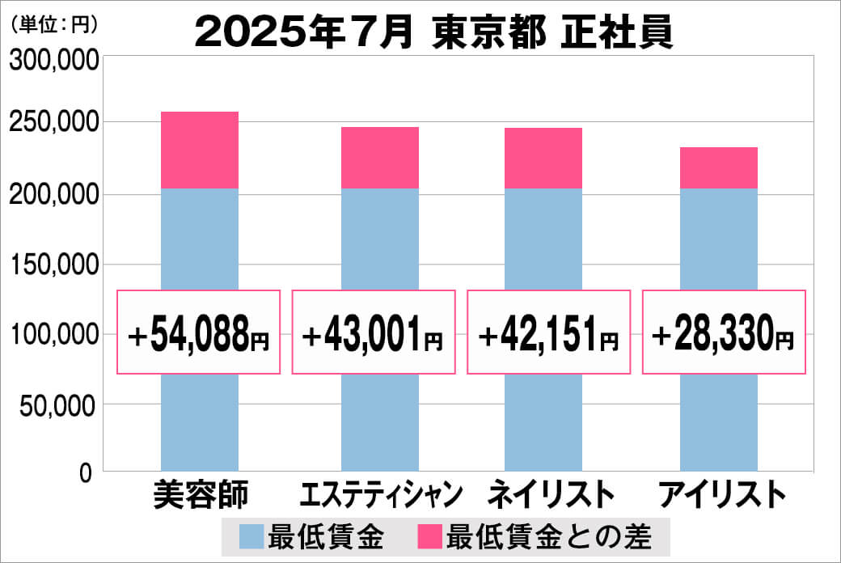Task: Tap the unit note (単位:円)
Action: coord(53,25)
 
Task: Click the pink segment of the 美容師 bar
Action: coord(200,150)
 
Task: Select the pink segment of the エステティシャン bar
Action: coord(379,158)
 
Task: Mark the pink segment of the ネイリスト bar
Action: coord(543,159)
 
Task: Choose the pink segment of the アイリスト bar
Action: coord(718,168)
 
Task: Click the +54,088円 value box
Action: coord(199,332)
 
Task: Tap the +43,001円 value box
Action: coord(374,332)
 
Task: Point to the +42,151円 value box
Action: coord(548,332)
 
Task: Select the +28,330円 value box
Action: coord(724,332)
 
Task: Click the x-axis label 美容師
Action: coord(199,494)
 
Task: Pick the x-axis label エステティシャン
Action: coord(379,494)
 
